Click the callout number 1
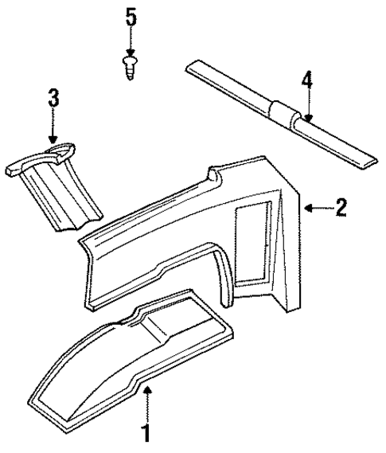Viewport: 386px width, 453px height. coord(146,434)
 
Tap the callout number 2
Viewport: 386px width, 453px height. coord(341,209)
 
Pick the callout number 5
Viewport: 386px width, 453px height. coord(131,16)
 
